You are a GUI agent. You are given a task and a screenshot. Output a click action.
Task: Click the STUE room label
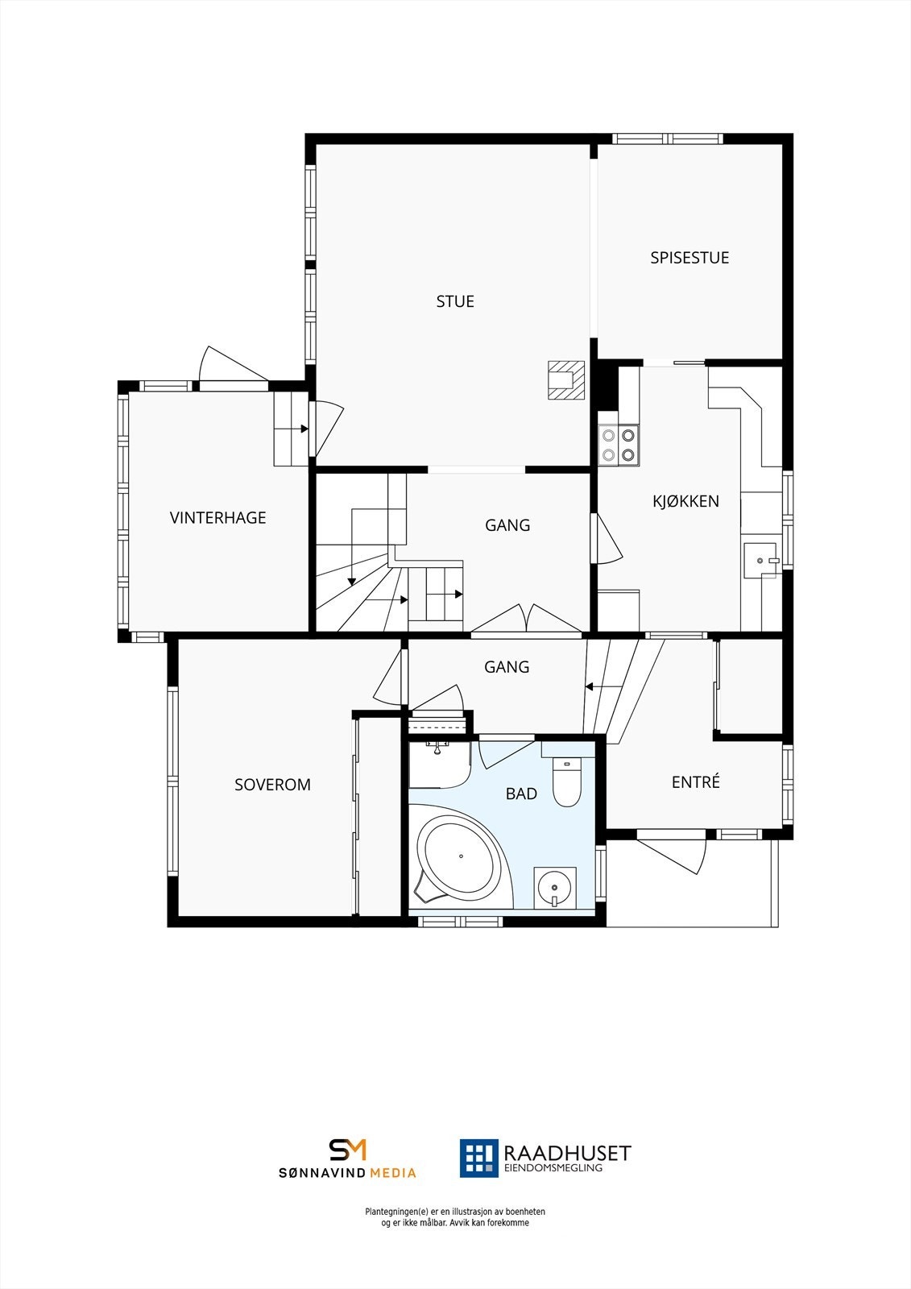point(455,301)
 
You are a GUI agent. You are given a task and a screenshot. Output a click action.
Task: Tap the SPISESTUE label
point(689,258)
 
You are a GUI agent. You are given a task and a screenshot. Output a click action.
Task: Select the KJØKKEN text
point(685,501)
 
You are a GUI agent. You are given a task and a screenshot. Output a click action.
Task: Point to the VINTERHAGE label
point(217,518)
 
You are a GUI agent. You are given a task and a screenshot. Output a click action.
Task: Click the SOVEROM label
point(272,785)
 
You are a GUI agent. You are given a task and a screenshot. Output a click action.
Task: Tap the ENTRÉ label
point(696,782)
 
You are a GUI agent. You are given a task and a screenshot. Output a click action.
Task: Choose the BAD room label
point(521,794)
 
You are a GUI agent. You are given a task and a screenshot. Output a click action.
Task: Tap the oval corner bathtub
point(457,858)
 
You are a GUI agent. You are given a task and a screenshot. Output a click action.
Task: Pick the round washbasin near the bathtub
point(555,888)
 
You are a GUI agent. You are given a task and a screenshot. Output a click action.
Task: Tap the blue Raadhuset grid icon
point(478,1158)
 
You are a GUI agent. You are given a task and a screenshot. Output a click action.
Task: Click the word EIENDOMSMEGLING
point(553,1168)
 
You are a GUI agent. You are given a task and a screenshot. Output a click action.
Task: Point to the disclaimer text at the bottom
point(455,1217)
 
